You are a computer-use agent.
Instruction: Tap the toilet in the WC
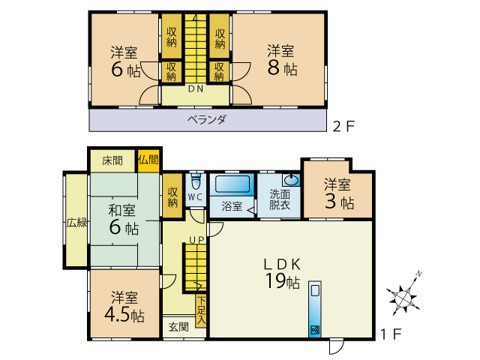coord(196,182)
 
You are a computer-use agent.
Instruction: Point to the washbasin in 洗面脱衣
coord(291,180)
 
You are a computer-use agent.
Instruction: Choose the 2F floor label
coord(343,126)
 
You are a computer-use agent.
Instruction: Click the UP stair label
coord(196,239)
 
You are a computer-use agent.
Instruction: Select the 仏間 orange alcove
coord(148,160)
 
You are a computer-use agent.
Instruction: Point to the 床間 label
coord(112,160)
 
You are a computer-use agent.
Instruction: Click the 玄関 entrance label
coord(178,326)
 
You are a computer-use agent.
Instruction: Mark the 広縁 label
coord(76,223)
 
